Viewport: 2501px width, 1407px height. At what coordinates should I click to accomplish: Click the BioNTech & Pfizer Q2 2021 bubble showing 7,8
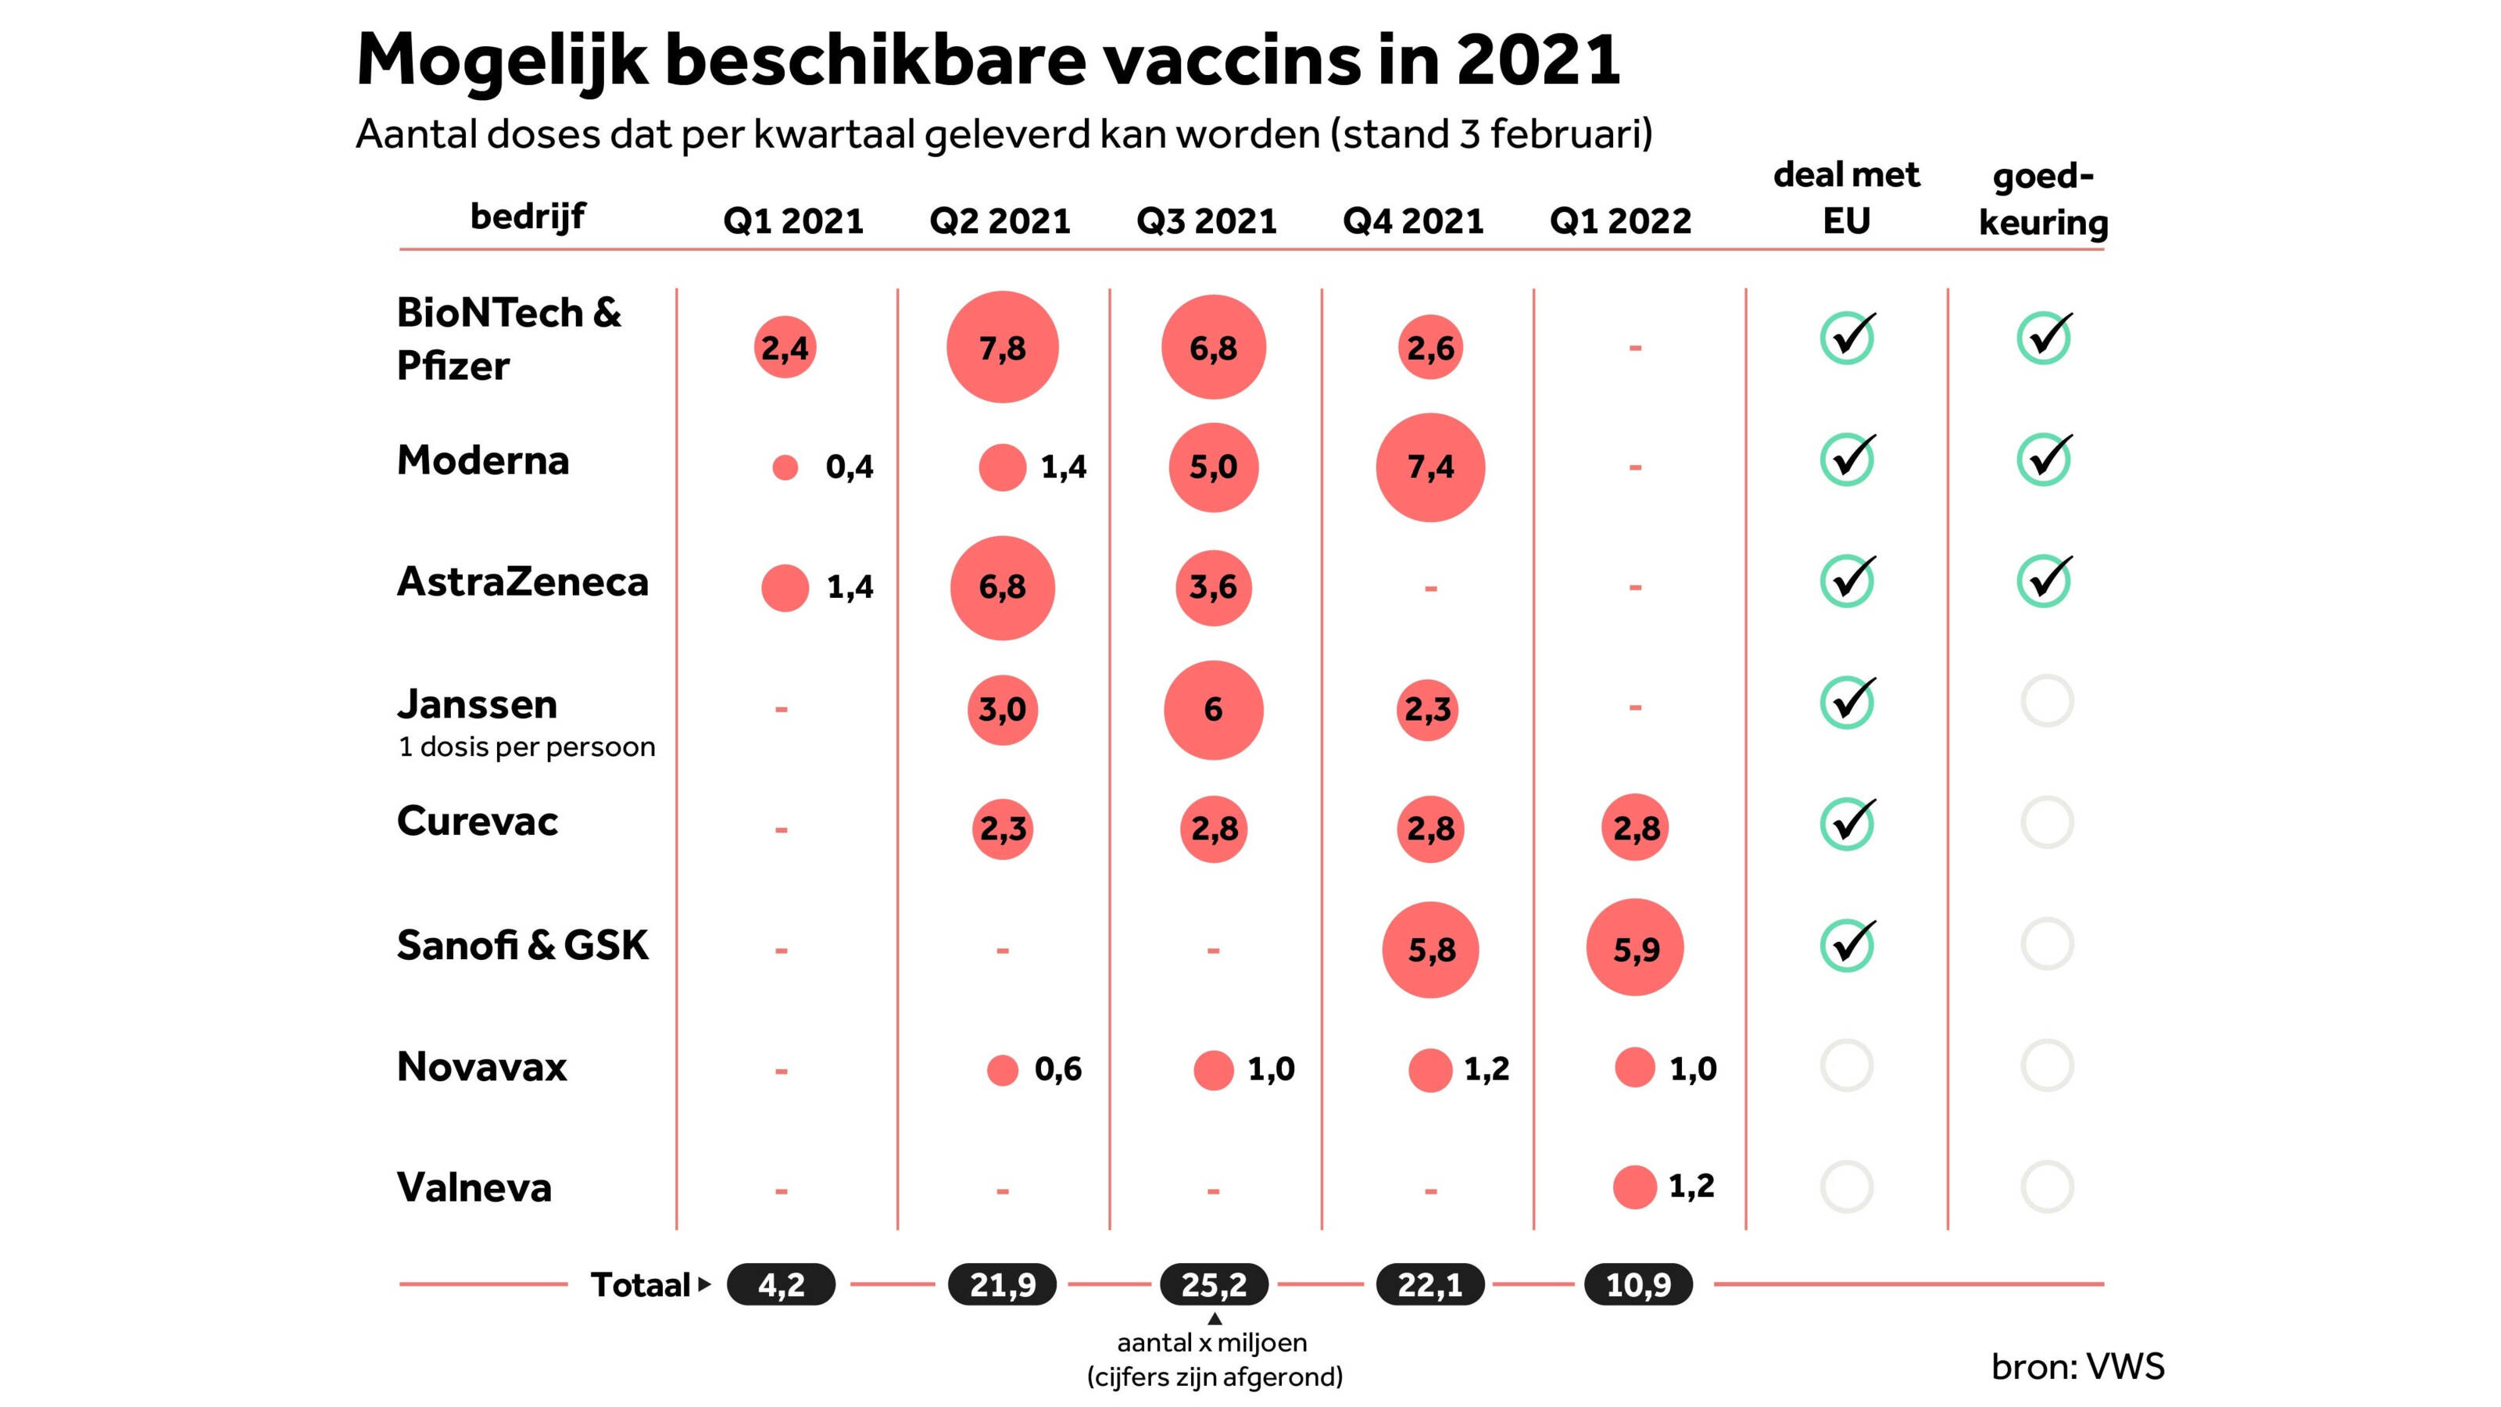click(x=1002, y=346)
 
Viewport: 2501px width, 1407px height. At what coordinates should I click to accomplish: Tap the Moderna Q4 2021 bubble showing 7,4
click(x=1430, y=467)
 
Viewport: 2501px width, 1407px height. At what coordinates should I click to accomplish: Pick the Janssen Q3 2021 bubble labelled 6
click(x=1214, y=710)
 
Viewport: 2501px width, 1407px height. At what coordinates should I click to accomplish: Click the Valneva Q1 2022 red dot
click(x=1635, y=1187)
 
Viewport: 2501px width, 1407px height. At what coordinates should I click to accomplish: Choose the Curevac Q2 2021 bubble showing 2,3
click(x=1002, y=829)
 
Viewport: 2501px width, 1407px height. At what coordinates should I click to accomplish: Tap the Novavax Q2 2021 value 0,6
click(x=1058, y=1069)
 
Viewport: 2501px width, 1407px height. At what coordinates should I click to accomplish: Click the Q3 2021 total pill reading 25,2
click(x=1214, y=1284)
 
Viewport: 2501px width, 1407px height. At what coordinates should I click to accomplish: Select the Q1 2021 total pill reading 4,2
click(x=782, y=1284)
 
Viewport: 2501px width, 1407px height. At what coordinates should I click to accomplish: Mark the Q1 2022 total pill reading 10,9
click(x=1638, y=1284)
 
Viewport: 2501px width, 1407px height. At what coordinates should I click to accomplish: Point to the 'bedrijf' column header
click(x=528, y=216)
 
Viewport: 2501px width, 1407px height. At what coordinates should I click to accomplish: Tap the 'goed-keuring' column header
click(x=2044, y=199)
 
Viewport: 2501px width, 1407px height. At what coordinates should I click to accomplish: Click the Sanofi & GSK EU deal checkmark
click(x=1847, y=945)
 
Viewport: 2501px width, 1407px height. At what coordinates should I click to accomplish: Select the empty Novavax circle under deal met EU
click(x=1847, y=1066)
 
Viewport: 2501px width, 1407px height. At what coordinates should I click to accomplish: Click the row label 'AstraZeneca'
click(x=522, y=582)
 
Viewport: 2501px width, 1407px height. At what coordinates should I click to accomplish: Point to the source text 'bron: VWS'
click(x=2077, y=1366)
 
